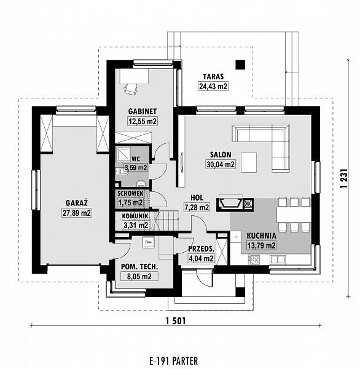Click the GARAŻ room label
(x=77, y=202)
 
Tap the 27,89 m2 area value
(x=77, y=213)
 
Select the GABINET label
(x=143, y=111)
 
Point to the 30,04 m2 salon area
(x=221, y=164)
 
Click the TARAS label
(x=213, y=76)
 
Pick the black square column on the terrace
(x=240, y=65)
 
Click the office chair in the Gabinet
(x=130, y=89)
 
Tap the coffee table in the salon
(x=249, y=162)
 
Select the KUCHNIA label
(x=261, y=236)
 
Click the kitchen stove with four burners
(x=254, y=260)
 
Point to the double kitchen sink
(x=278, y=260)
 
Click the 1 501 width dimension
(x=176, y=320)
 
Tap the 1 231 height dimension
(x=344, y=178)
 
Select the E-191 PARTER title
(x=173, y=361)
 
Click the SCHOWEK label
(x=130, y=194)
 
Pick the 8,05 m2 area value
(x=139, y=276)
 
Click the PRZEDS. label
(x=202, y=248)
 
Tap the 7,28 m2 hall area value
(x=197, y=207)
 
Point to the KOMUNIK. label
(x=136, y=216)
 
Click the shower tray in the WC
(x=123, y=154)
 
